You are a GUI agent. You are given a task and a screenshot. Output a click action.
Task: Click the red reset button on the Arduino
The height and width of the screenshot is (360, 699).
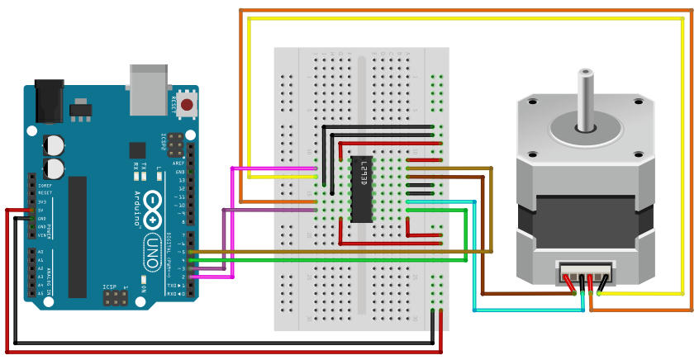[x=188, y=105]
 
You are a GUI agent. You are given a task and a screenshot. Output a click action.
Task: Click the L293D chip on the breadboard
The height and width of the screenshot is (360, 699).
[x=361, y=189]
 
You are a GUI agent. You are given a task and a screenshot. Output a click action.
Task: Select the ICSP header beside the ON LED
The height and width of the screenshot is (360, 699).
[x=114, y=297]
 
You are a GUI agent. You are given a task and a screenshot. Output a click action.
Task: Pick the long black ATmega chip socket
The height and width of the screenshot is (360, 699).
[x=78, y=236]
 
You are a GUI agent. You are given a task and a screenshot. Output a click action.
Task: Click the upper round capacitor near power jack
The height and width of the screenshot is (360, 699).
[x=55, y=144]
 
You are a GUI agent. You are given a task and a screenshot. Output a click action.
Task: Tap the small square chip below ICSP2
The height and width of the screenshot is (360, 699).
[x=137, y=150]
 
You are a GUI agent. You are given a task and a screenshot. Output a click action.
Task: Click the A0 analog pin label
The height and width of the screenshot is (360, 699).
[x=40, y=251]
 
